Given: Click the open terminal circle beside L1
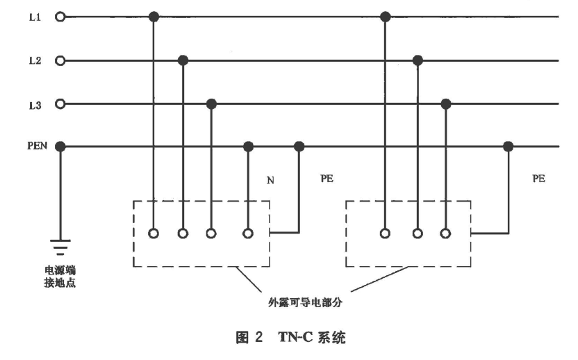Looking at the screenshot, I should (x=60, y=17).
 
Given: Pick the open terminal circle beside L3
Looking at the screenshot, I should (x=60, y=104).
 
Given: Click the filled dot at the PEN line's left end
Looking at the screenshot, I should (x=60, y=147).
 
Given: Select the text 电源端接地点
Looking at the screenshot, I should (x=61, y=277).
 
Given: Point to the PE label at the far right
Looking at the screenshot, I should (x=538, y=178).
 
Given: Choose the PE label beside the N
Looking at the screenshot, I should (x=327, y=178).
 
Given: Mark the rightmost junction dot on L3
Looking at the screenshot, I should (x=445, y=104).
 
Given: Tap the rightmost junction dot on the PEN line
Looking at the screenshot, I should (x=509, y=147).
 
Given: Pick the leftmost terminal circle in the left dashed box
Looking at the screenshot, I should (x=154, y=234).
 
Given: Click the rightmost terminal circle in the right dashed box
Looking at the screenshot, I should (x=445, y=234).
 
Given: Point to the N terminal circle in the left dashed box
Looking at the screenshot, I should (x=248, y=234).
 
